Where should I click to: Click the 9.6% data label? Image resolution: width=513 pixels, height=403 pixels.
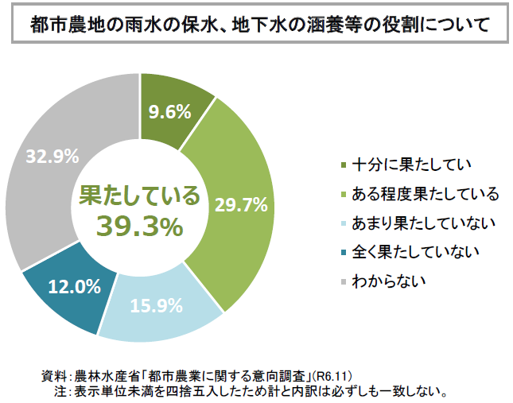click(x=169, y=111)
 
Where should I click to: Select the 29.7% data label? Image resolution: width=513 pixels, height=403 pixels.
click(x=240, y=205)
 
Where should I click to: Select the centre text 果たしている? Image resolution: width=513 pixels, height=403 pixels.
click(x=139, y=196)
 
